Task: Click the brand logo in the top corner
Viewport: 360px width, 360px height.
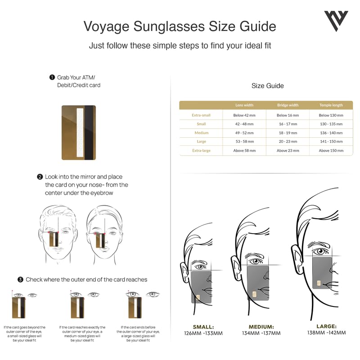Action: pos(336,21)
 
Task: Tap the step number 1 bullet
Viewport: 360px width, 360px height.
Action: pos(52,77)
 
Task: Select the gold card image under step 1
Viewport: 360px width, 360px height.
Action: pos(78,133)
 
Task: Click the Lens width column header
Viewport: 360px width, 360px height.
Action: pos(244,105)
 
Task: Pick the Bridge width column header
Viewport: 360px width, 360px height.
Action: pos(288,105)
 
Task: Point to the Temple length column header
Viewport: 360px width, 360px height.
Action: pos(331,105)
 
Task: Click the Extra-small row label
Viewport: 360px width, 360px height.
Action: pos(201,115)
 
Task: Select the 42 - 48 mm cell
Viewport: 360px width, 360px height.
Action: pos(244,124)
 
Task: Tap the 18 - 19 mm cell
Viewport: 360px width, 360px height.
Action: pos(288,133)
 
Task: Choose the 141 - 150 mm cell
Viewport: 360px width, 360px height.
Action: pos(331,142)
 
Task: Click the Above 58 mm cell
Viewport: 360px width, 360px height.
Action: pos(244,151)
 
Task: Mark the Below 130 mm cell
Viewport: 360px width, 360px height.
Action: pos(331,115)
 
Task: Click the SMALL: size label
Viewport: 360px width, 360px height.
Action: pos(203,327)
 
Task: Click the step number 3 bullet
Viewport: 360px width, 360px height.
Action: pos(20,279)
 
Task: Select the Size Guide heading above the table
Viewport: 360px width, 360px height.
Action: pos(268,85)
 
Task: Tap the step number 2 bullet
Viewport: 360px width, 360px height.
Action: pos(40,177)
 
